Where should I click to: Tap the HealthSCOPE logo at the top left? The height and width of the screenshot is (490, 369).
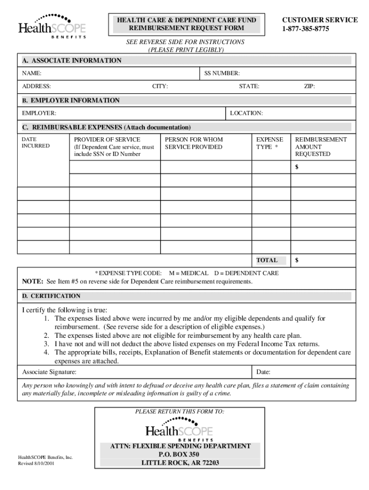52,27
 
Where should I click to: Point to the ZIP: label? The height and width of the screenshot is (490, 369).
310,87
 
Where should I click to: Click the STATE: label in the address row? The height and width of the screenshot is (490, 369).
249,87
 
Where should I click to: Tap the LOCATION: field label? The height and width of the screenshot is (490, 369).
246,113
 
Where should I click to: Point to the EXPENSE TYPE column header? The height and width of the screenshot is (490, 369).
269,143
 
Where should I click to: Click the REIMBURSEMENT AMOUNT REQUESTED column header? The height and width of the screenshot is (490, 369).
321,146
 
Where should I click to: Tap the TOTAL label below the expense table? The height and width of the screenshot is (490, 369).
267,260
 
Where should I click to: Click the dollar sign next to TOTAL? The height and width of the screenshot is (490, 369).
297,260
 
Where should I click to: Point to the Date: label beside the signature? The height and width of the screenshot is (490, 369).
264,372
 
